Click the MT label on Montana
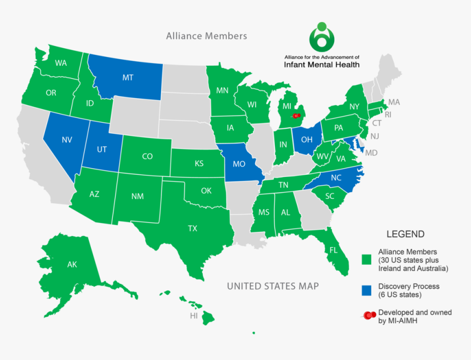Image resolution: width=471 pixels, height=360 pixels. point(128,78)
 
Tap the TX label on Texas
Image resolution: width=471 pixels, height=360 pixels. point(192,228)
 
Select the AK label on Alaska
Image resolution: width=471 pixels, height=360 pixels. point(72,265)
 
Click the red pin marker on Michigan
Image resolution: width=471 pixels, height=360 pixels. point(296,116)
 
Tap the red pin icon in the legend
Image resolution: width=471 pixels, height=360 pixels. point(370,315)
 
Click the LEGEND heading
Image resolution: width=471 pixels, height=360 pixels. point(405,234)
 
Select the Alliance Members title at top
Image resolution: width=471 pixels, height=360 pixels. point(206,36)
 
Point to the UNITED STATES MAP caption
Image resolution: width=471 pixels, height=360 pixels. point(273,286)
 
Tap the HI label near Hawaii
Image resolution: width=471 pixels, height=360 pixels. point(194,316)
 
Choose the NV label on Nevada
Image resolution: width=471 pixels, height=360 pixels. point(67,140)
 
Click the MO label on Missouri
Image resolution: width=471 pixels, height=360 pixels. point(239,163)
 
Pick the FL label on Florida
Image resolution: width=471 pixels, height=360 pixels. point(333,250)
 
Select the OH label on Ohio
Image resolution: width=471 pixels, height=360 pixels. point(306,140)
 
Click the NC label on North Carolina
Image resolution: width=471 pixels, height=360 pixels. point(336,178)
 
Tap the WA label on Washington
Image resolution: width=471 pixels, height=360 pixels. point(61,63)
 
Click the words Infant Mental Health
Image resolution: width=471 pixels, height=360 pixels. point(321,64)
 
